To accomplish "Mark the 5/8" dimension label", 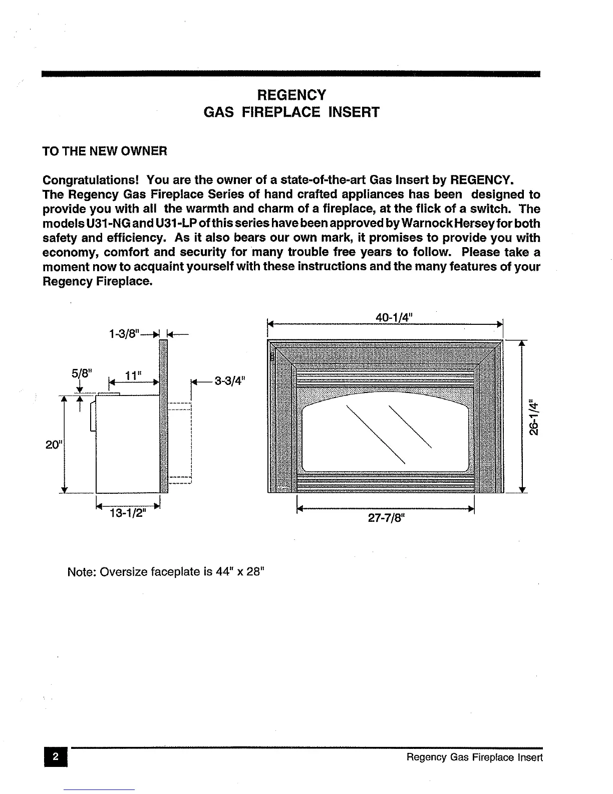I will (x=82, y=373).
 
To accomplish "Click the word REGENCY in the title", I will (x=291, y=95).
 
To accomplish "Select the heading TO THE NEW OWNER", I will (x=105, y=151).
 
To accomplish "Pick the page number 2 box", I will (x=56, y=757).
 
